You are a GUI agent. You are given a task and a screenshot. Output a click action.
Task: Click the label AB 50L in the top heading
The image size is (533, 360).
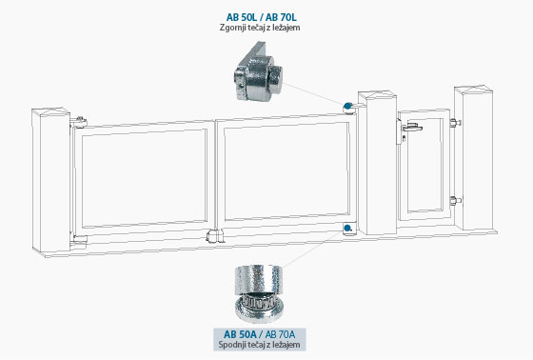click(x=241, y=17)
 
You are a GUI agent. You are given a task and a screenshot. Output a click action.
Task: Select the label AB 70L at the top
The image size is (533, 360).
click(x=281, y=17)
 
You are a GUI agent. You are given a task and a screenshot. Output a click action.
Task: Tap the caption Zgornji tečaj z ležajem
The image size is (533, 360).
click(x=260, y=28)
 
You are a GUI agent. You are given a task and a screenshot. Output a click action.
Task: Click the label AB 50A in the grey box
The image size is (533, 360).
click(x=240, y=334)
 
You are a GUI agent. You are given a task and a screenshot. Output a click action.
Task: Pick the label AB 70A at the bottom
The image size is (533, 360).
click(x=280, y=334)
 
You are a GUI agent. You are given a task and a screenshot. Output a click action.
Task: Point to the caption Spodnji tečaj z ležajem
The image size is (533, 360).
click(x=259, y=345)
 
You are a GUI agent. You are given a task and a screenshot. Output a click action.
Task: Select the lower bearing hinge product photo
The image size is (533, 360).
click(x=259, y=294)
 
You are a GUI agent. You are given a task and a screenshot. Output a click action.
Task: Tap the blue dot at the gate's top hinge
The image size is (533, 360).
click(x=347, y=106)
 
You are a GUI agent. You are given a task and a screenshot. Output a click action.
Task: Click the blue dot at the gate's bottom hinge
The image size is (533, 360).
click(x=347, y=228)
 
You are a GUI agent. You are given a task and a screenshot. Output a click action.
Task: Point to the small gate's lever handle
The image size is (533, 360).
click(x=412, y=128)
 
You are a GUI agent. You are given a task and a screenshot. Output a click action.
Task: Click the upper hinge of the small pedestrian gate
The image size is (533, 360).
click(x=455, y=122)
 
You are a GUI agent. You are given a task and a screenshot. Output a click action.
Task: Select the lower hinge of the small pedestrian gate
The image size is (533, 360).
click(x=455, y=201)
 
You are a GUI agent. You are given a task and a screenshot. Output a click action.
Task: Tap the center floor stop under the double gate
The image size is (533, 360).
click(x=215, y=236)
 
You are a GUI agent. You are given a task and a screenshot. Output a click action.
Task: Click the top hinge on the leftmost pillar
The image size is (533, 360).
click(x=79, y=122)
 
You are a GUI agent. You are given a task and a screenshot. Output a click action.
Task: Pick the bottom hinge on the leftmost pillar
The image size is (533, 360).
click(x=79, y=240)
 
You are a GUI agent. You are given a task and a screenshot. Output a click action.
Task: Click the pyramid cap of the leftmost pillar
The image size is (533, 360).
click(x=51, y=111)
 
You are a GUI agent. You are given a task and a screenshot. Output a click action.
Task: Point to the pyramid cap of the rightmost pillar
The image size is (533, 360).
click(x=474, y=90)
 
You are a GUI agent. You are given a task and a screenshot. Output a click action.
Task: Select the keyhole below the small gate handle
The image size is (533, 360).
click(x=404, y=138)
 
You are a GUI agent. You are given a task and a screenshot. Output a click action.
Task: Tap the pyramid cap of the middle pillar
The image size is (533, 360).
click(x=377, y=94)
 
